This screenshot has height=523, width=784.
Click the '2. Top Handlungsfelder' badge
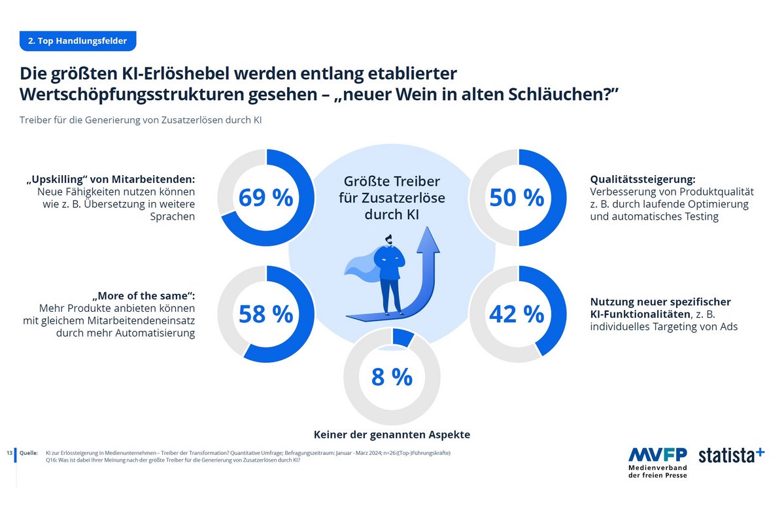pos(77,41)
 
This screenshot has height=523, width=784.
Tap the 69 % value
pos(265,197)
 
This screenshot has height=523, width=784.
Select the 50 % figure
pos(517,197)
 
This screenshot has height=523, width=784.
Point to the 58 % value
pos(265,314)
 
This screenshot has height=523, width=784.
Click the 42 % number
pos(517,314)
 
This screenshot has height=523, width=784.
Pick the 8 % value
pos(392,377)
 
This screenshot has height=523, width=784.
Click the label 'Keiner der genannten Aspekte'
pos(392,434)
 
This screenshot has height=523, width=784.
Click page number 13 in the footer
pos(9,452)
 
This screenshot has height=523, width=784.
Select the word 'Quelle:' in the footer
pos(29,452)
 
